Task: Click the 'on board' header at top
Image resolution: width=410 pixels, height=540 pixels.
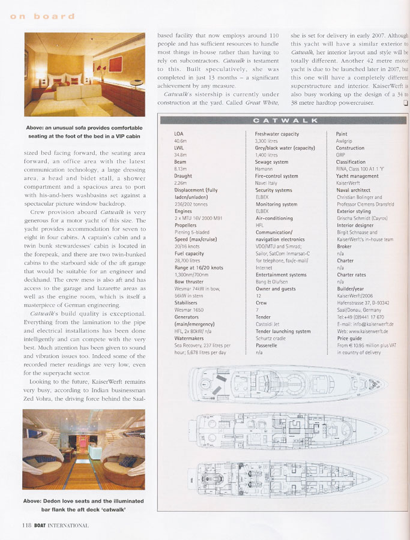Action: click(x=41, y=16)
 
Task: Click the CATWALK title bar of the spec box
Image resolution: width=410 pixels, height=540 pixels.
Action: click(x=281, y=120)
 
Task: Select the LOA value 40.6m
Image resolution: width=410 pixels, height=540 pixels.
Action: click(x=181, y=140)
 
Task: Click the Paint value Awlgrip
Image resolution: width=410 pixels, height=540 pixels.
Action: click(x=345, y=140)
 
